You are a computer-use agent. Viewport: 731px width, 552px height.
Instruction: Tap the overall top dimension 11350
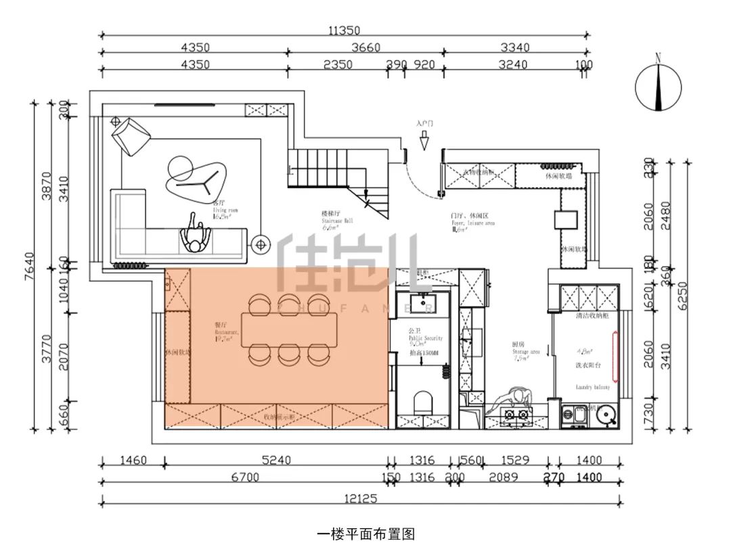[x=345, y=30]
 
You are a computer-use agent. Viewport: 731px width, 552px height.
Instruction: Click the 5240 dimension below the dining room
[x=276, y=461]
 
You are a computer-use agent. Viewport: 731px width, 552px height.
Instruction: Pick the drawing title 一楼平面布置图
[x=365, y=534]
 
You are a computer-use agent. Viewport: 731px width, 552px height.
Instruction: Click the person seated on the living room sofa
[x=196, y=237]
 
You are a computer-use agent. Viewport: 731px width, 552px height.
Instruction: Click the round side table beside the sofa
[x=260, y=244]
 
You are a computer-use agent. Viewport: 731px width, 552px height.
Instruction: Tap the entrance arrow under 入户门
[x=424, y=142]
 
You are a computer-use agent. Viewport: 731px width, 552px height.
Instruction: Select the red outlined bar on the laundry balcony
[x=615, y=355]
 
